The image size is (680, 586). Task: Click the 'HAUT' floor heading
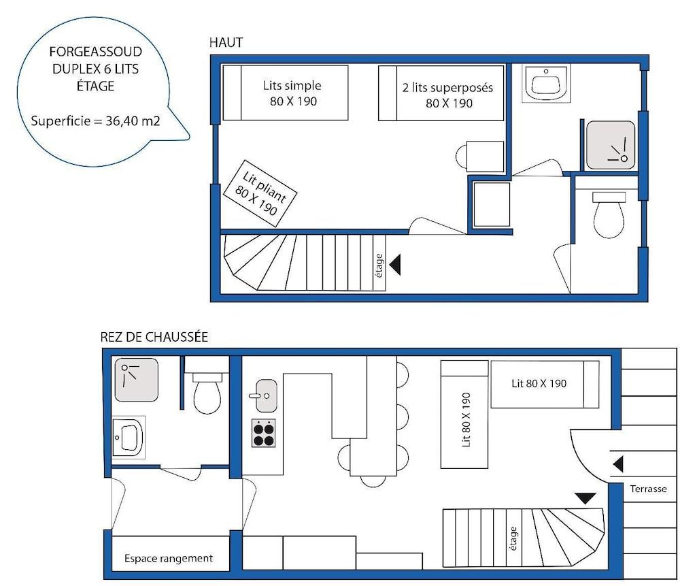tap(226, 43)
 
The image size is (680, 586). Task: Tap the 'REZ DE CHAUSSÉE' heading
tap(154, 337)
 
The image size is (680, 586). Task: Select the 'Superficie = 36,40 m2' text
tap(95, 120)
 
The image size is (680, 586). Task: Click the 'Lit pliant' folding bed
tap(260, 193)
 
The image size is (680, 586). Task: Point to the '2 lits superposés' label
tap(447, 88)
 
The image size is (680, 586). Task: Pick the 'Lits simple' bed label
tap(292, 86)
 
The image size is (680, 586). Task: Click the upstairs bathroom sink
tap(546, 83)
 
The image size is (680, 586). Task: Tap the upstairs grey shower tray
tap(611, 146)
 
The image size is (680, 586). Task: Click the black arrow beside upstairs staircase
tap(395, 264)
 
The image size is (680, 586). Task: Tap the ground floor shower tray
tap(137, 380)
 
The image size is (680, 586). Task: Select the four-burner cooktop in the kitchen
tap(264, 434)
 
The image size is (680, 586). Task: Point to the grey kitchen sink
tap(266, 396)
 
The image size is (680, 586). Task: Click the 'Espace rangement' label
tap(169, 558)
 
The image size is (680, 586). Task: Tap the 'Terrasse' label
tap(648, 489)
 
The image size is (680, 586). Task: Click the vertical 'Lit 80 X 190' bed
tap(464, 414)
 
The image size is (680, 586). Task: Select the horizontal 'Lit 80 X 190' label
tap(539, 383)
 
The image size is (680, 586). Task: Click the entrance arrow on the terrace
tap(618, 464)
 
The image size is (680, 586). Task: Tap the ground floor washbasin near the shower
tap(129, 437)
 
